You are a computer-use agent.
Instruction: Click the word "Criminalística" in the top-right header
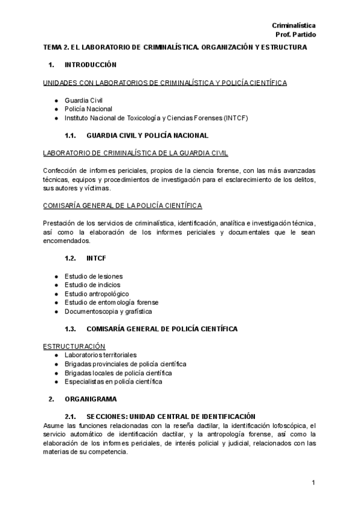294,25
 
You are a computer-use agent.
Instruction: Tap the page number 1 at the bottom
313,483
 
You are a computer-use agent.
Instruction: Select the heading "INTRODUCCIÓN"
91,64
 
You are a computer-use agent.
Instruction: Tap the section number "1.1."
71,136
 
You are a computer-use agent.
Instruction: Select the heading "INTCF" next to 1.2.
97,258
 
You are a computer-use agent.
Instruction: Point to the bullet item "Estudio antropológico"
97,294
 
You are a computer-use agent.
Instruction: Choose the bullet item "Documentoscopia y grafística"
108,312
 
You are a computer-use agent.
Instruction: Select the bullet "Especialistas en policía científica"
113,381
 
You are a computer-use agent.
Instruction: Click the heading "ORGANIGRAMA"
91,399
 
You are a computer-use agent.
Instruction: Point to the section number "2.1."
71,417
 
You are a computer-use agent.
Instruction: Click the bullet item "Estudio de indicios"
92,285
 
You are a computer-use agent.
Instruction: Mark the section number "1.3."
71,329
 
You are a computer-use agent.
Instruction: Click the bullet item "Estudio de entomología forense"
112,303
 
